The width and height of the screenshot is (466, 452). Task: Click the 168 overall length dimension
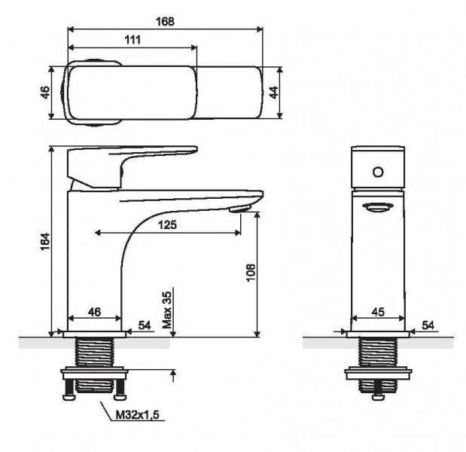coord(165,21)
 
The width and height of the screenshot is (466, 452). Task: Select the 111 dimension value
coord(132,40)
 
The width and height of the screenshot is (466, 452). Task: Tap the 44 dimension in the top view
coord(273,92)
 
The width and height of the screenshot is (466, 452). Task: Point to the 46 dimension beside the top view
coord(45,92)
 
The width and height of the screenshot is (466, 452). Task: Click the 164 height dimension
coord(45,241)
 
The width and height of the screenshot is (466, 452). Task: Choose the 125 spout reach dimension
coord(167,224)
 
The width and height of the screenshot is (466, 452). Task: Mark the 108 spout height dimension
coord(251,272)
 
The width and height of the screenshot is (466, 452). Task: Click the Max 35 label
coord(167,310)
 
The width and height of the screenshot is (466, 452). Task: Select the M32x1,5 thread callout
coord(137,414)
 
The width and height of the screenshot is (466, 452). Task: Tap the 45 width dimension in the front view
coord(378,312)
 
